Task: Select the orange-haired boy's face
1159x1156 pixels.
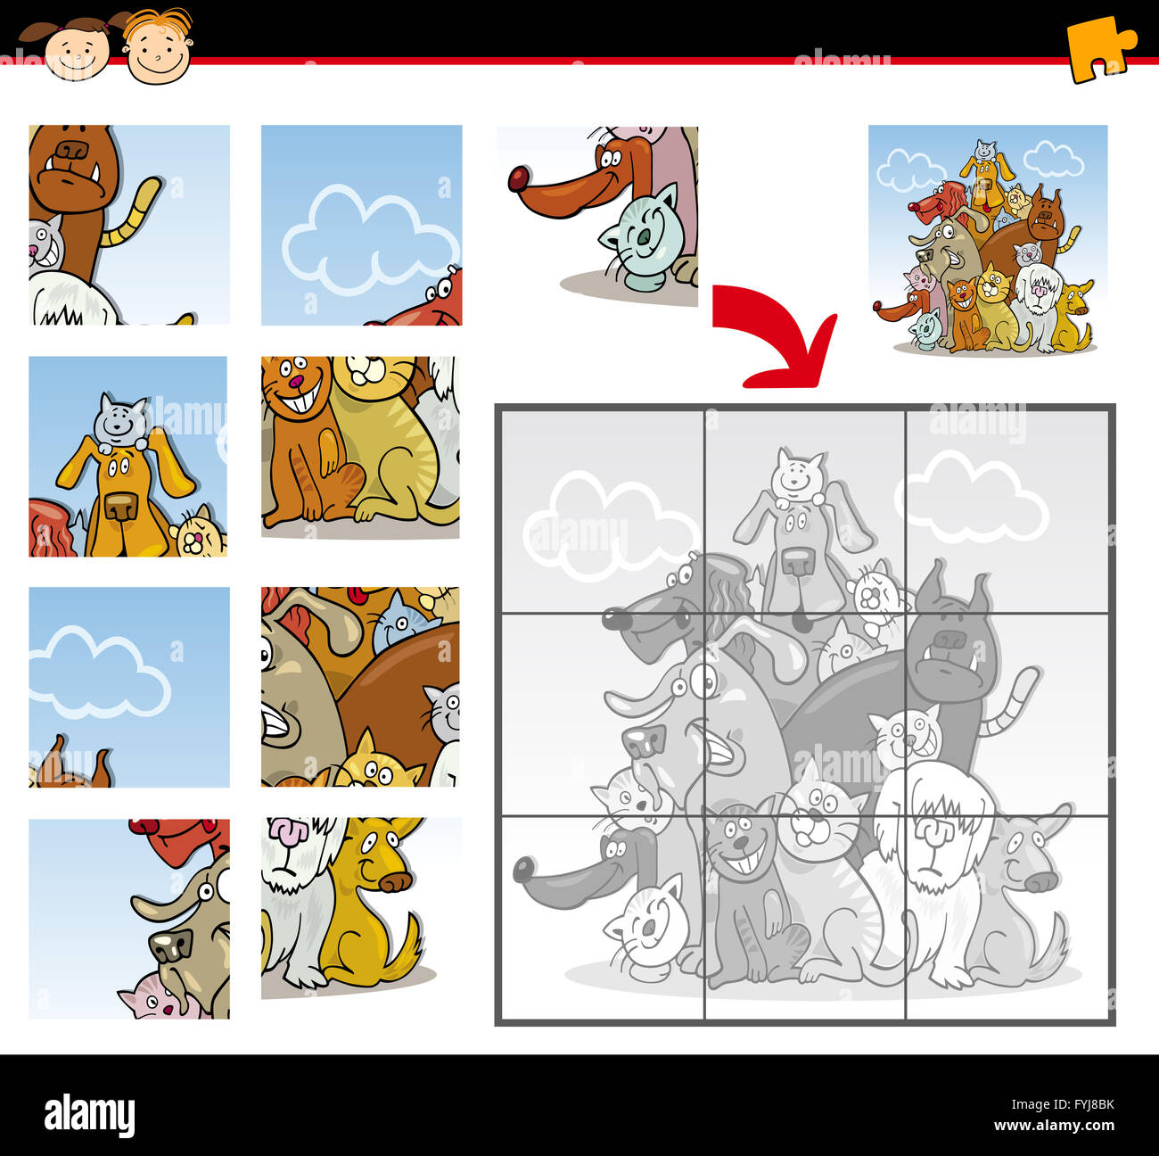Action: pyautogui.click(x=158, y=49)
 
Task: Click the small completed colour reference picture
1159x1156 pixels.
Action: pyautogui.click(x=988, y=240)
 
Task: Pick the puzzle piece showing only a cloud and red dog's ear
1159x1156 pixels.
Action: pyautogui.click(x=361, y=225)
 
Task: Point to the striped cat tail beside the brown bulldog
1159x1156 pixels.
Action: pyautogui.click(x=133, y=214)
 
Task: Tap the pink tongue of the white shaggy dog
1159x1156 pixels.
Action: pyautogui.click(x=287, y=831)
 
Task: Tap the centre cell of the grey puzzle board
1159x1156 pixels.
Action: pyautogui.click(x=805, y=713)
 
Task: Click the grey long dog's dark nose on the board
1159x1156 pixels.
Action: pyautogui.click(x=523, y=868)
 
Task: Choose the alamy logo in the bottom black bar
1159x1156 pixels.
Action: pyautogui.click(x=89, y=1115)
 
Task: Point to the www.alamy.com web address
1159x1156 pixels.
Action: pyautogui.click(x=1060, y=1126)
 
